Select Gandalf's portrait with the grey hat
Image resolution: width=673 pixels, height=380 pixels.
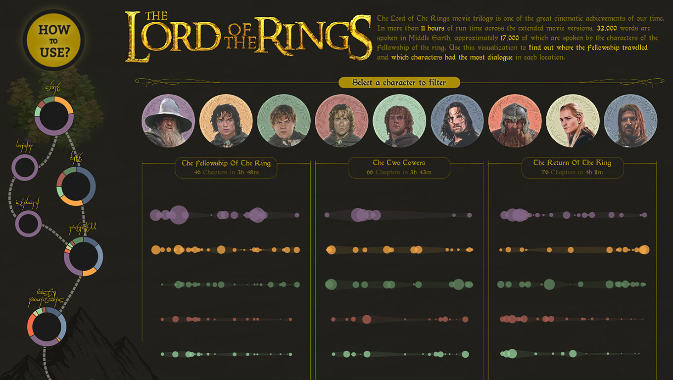point(168,121)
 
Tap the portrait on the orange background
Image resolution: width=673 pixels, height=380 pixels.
point(226,121)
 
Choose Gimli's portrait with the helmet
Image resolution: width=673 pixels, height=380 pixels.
point(515,121)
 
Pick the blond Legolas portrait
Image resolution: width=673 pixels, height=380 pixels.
point(573,121)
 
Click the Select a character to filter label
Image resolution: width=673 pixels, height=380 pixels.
point(399,83)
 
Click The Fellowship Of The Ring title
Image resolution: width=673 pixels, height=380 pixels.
point(226,163)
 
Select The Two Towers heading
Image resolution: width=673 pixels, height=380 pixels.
point(399,163)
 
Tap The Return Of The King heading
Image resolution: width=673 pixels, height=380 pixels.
point(572,163)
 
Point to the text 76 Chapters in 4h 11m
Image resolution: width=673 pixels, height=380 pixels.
point(572,172)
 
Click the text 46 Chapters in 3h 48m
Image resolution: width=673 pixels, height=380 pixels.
point(226,172)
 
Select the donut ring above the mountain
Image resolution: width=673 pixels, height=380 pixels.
point(47,327)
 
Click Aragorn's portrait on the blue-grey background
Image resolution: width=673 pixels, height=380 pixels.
point(457,121)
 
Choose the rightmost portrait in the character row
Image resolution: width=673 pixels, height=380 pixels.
point(630,121)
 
